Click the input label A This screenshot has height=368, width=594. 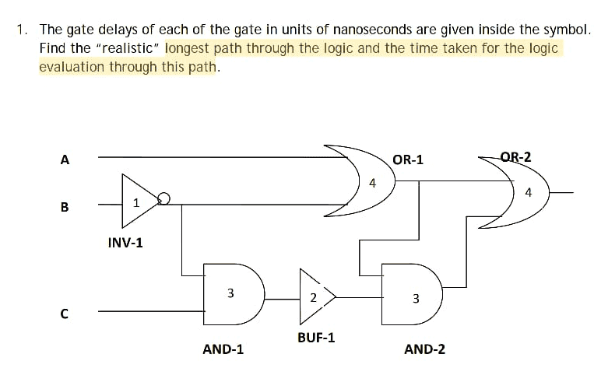tap(65, 160)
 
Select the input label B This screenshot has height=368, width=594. tap(65, 207)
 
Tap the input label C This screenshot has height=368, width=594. tap(65, 314)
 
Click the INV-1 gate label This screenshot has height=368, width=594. tap(125, 243)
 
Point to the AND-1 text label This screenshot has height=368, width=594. tap(223, 349)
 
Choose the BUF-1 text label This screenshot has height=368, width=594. tap(316, 338)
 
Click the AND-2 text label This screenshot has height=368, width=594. tap(425, 349)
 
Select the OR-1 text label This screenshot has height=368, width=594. tap(408, 159)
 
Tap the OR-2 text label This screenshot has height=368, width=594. tap(515, 157)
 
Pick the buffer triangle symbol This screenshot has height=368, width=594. tap(315, 296)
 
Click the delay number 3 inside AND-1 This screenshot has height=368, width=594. tap(230, 293)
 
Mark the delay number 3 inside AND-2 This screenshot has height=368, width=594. tap(415, 298)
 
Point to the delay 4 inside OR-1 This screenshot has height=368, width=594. tap(372, 184)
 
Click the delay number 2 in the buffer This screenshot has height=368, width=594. tap(311, 297)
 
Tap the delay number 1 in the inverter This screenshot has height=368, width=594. tap(136, 203)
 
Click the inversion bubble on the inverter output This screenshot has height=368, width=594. tap(163, 200)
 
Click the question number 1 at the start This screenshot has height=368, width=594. tap(23, 30)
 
